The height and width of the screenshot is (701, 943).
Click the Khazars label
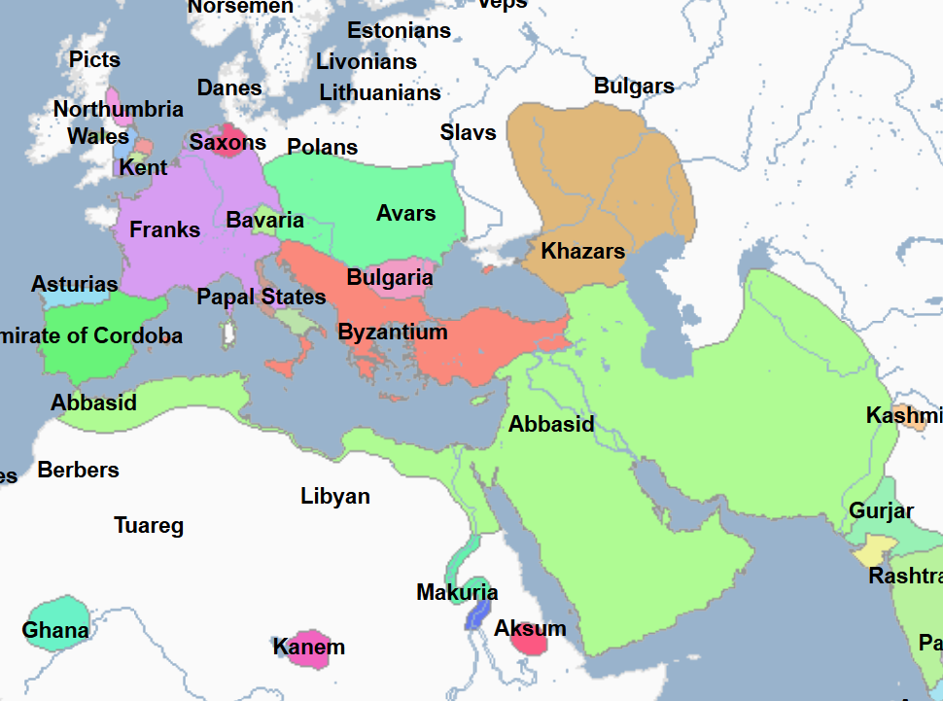coord(582,252)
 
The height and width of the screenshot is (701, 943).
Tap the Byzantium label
coord(393,333)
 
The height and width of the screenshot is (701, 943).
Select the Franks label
coord(165,230)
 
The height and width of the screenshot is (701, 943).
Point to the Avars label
coord(405,213)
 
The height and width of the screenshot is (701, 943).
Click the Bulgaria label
coord(390,278)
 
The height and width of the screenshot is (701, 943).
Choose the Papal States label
coord(262,298)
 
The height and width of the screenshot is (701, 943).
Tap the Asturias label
coord(75,285)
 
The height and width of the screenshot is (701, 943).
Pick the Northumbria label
coord(118,110)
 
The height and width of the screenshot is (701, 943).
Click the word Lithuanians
coord(380,93)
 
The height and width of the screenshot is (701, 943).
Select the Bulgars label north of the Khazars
coord(634,87)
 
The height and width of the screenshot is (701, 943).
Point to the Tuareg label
coord(149,527)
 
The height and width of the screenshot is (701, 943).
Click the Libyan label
coord(335,497)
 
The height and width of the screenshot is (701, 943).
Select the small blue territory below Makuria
coord(476,614)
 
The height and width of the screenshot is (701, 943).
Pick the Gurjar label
coord(881,511)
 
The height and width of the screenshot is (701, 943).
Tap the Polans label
coord(323,148)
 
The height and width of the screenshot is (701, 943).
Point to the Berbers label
coord(79,471)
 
